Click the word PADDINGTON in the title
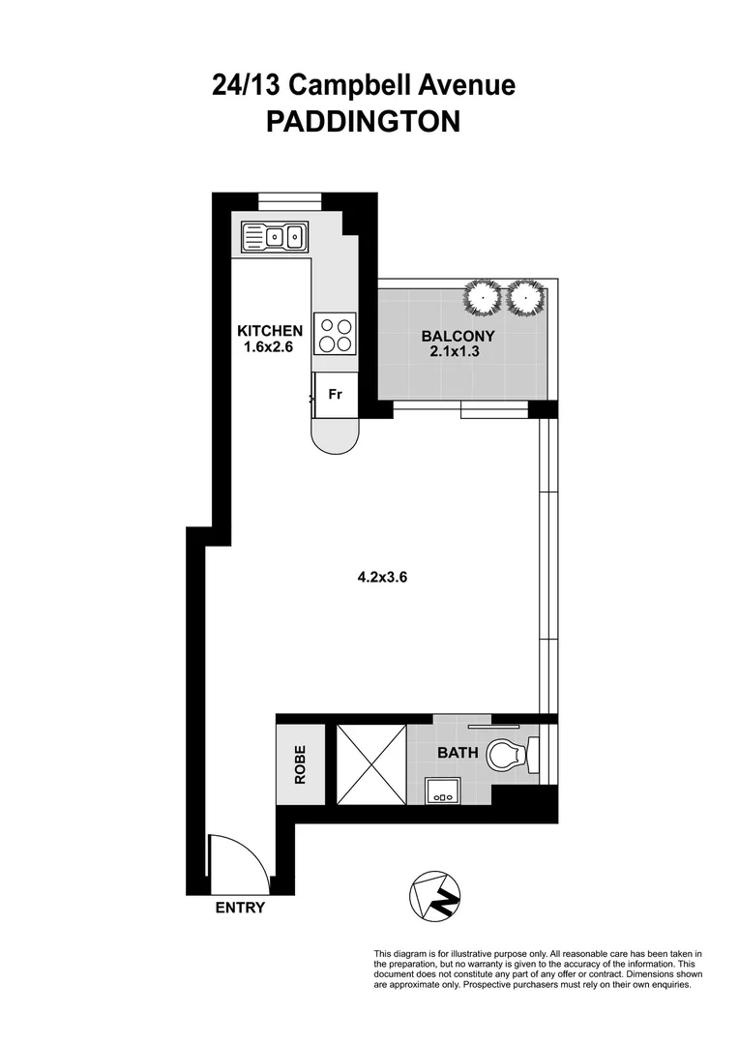click(x=363, y=122)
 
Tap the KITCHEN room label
click(x=270, y=331)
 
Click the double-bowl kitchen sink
click(x=275, y=235)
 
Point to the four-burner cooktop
click(x=335, y=335)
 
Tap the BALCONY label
click(x=458, y=337)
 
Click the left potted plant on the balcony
click(x=482, y=298)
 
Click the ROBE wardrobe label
click(x=300, y=764)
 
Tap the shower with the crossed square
click(x=370, y=764)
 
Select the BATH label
click(x=456, y=753)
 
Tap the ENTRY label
click(x=239, y=909)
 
